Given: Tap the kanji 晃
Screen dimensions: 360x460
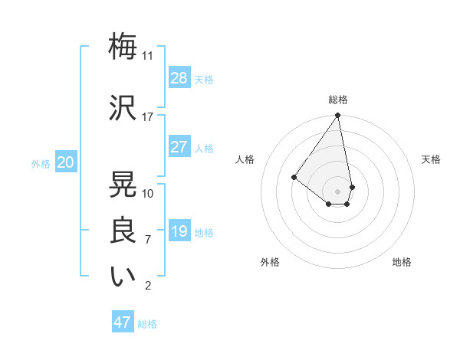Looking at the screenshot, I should tap(123, 184).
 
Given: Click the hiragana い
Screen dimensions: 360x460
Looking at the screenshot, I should tap(123, 277).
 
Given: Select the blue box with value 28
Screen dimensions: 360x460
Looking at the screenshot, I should tap(179, 77).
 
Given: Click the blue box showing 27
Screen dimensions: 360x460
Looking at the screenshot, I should tap(179, 147).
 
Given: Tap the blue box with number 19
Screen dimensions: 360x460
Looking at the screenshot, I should tap(179, 231).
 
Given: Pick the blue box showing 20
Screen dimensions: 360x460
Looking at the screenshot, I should tap(66, 162).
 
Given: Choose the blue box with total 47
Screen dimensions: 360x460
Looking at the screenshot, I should tap(123, 322).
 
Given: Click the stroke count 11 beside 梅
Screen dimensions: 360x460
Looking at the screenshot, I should tap(147, 56).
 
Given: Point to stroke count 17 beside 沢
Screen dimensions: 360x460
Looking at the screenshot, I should tap(147, 117).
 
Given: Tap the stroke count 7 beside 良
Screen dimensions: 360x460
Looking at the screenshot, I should tap(147, 240).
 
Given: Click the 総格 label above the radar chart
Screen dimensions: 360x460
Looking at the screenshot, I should tap(338, 100).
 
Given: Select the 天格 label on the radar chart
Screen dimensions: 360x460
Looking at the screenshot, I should tap(432, 159).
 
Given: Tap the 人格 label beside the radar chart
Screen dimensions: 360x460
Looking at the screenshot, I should tap(245, 159).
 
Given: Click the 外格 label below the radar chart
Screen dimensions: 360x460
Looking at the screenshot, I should tap(270, 262).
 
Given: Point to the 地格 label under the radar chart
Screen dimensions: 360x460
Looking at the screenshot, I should tap(402, 262).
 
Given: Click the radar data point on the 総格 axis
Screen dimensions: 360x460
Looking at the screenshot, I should tap(337, 116).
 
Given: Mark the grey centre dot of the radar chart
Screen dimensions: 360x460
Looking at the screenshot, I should tap(337, 190).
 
